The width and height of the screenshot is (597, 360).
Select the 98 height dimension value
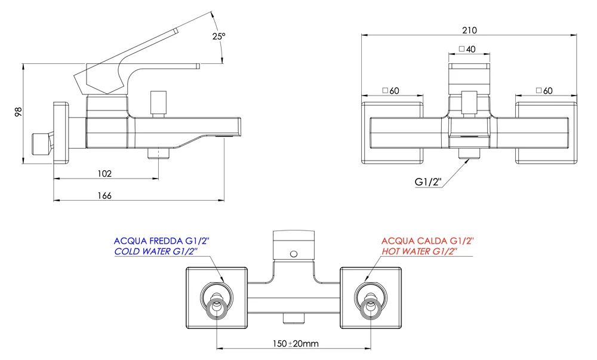18,112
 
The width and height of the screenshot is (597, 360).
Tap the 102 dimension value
104,174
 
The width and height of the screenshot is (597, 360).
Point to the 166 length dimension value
104,196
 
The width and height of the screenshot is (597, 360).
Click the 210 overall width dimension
469,30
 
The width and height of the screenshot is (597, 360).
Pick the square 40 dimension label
467,50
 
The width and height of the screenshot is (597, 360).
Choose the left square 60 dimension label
390,91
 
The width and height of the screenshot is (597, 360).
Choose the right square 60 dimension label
544,91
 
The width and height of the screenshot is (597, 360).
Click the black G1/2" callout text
427,182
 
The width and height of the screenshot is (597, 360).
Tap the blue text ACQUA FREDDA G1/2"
161,241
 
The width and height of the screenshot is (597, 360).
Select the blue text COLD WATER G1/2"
161,253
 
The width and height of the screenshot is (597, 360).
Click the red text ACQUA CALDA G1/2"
427,241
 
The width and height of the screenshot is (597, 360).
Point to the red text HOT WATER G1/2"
419,253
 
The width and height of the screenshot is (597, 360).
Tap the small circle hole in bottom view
293,255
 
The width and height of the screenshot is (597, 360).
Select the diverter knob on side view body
158,103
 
